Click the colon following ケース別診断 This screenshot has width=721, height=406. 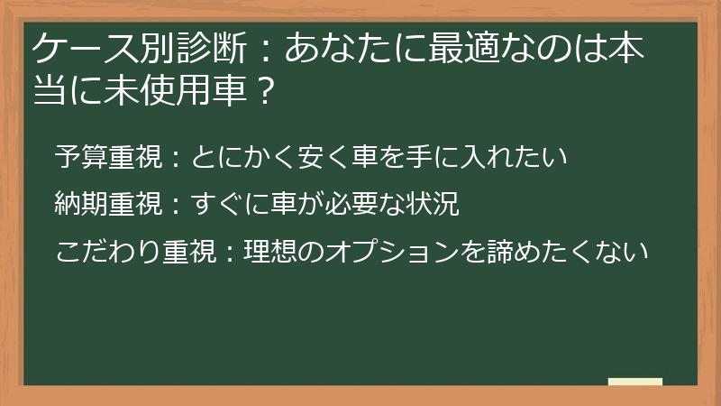coord(266,50)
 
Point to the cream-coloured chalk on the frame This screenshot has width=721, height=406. coord(635,382)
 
